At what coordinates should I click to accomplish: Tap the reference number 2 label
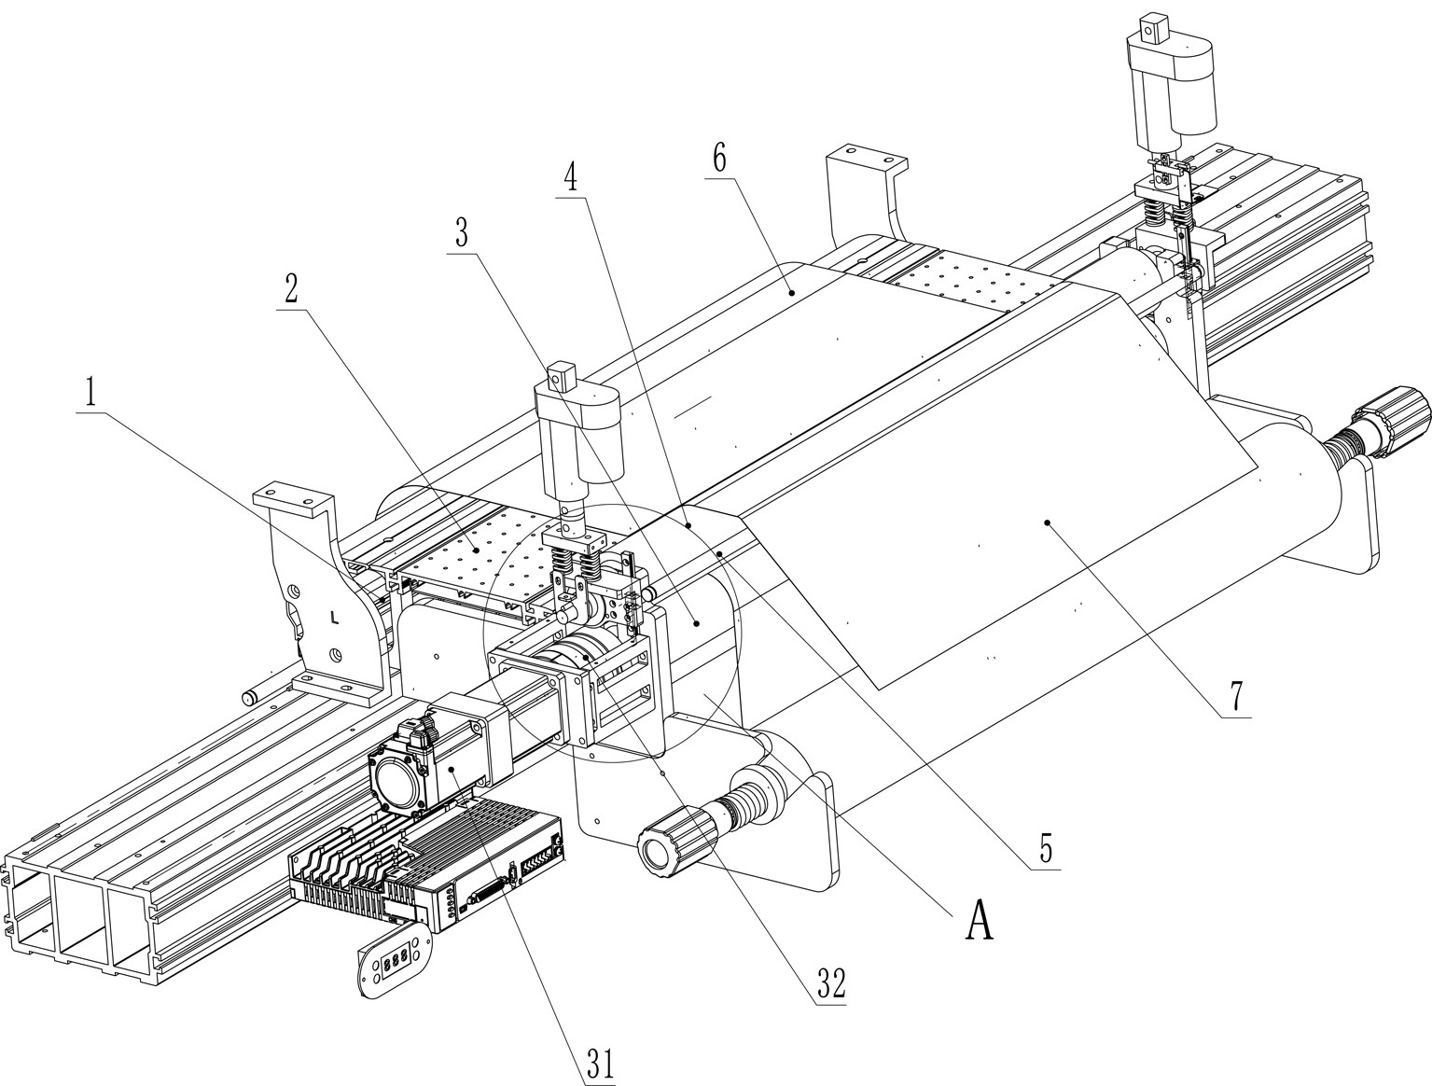click(292, 290)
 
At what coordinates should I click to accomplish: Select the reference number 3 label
click(461, 234)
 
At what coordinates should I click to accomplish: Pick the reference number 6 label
click(719, 158)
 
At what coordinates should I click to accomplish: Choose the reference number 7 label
click(1236, 695)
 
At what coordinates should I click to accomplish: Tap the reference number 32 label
click(830, 982)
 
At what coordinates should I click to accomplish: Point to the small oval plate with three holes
click(395, 960)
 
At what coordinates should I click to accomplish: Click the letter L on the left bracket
click(334, 617)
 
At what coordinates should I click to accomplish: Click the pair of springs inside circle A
click(575, 562)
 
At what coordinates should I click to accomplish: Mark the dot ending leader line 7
click(1049, 522)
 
